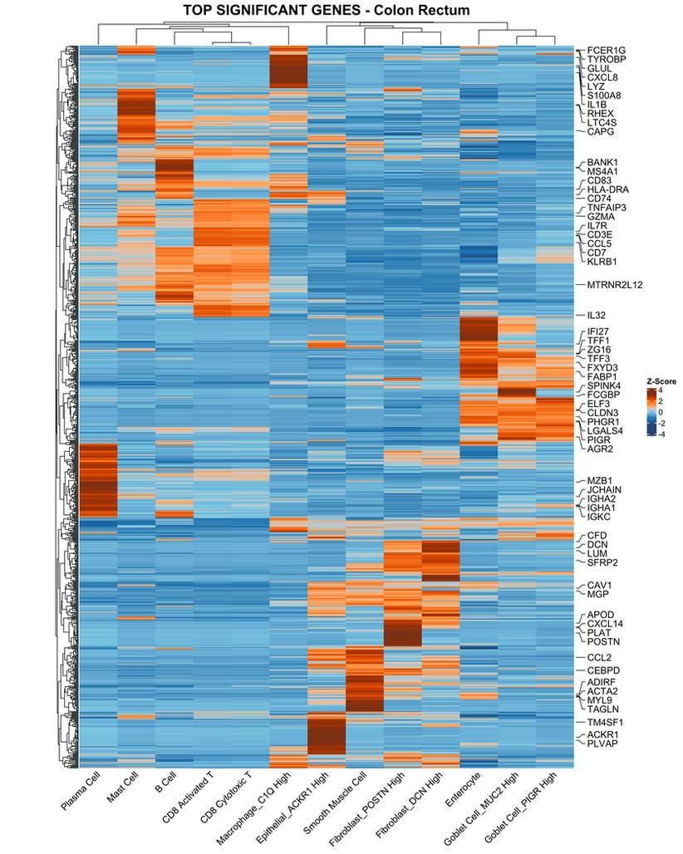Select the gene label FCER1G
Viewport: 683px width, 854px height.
coord(607,50)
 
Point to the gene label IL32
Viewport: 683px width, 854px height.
coord(597,316)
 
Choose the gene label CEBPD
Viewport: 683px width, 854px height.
coord(604,670)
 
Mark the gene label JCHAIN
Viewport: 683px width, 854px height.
coord(605,489)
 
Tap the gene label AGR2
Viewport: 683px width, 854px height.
coord(601,449)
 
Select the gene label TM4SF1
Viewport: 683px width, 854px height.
coord(606,723)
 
